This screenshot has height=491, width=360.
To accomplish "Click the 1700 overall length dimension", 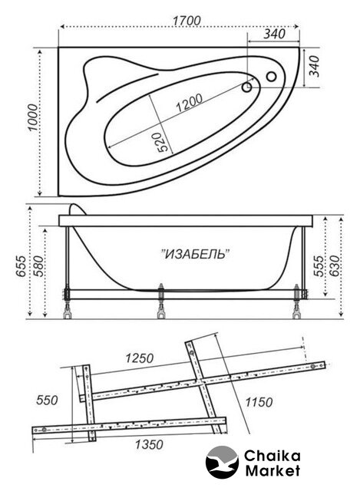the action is click(x=187, y=21).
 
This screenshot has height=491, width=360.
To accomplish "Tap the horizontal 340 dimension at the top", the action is click(x=275, y=34).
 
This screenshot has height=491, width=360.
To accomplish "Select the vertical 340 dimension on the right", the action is click(x=314, y=66).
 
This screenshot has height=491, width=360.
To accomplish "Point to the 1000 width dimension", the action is click(x=32, y=117).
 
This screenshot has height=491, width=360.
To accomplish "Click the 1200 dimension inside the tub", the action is click(x=189, y=103).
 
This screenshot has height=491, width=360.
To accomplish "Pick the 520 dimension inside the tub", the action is click(x=163, y=143).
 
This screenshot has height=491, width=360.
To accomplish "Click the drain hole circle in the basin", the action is click(x=247, y=87).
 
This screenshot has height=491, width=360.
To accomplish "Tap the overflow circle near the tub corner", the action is click(x=271, y=76).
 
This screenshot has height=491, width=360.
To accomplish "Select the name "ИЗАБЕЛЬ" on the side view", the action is click(x=196, y=253).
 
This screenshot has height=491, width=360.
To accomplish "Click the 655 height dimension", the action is click(x=21, y=266).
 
